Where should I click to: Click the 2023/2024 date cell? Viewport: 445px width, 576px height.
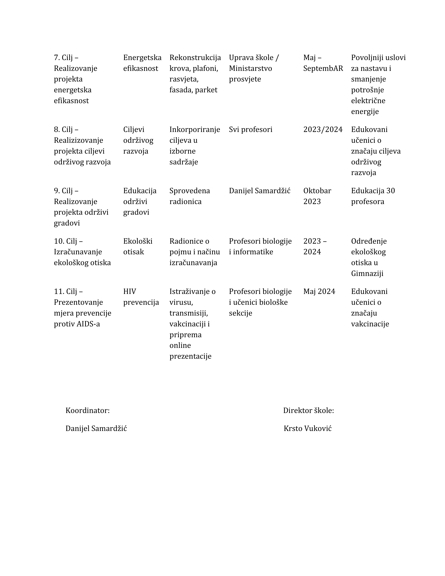(323, 130)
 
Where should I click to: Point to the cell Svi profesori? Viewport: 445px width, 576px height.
(250, 130)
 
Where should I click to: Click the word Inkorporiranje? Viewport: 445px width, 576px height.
(195, 130)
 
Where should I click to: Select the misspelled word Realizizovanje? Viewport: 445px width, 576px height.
(78, 140)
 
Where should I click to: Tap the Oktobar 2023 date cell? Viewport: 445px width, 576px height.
(317, 196)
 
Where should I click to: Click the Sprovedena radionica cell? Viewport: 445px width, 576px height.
(190, 196)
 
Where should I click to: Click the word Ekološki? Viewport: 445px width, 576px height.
(138, 241)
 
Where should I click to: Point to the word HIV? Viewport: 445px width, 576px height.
(129, 291)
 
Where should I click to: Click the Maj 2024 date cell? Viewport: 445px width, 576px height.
(319, 291)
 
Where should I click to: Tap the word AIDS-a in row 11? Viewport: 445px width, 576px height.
(88, 324)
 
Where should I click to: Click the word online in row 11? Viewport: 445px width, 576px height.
(180, 345)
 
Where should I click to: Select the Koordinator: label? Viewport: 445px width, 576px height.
(87, 410)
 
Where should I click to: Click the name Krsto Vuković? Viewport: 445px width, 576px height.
(307, 429)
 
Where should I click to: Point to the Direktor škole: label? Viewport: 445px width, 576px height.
(308, 410)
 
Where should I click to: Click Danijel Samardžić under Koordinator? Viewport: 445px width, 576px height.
(96, 429)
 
